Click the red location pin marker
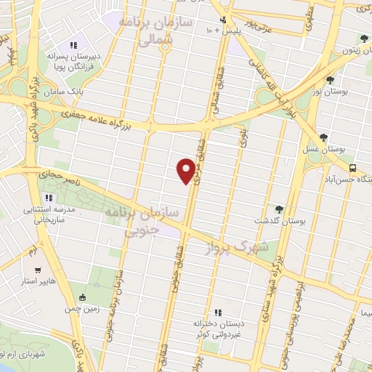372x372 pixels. (x=186, y=171)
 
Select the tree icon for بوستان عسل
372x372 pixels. (x=323, y=137)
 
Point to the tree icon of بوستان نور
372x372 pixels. (x=331, y=79)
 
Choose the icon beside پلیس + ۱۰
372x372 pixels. (x=222, y=20)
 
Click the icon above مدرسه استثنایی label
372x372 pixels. (x=49, y=198)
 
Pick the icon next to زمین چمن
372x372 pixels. (x=82, y=296)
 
